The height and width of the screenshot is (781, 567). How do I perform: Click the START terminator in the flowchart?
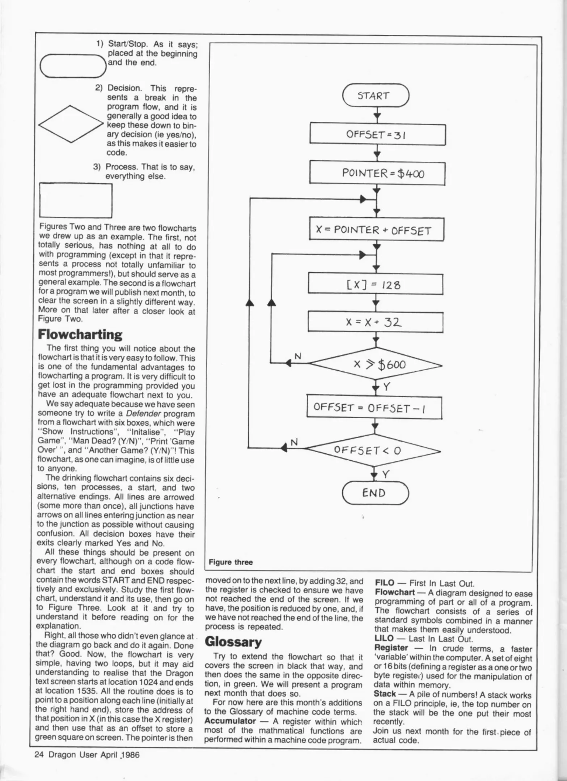pos(375,95)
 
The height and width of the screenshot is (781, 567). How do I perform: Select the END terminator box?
pos(375,493)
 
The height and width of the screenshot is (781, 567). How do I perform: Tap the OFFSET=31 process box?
pos(377,135)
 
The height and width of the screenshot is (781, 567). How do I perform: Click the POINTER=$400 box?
pos(377,174)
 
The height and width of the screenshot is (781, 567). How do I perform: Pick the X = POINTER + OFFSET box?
pos(376,230)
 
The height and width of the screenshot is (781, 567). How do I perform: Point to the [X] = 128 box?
pos(375,285)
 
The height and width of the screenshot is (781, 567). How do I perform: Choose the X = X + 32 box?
pos(375,322)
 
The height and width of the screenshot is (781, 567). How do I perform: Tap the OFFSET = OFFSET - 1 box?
pos(374,408)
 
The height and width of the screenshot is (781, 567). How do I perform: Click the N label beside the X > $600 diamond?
pos(297,356)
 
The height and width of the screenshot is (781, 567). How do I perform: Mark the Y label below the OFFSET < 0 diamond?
pos(386,474)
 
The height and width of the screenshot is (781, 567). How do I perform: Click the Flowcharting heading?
pos(80,334)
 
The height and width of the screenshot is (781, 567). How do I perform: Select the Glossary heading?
pos(233,642)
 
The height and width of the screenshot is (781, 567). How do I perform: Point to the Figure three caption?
pos(230,562)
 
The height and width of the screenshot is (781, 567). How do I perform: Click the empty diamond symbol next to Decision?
pos(71,124)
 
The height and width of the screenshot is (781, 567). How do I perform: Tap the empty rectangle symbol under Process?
pos(75,201)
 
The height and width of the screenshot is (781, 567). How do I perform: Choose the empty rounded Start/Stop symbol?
pos(72,66)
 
